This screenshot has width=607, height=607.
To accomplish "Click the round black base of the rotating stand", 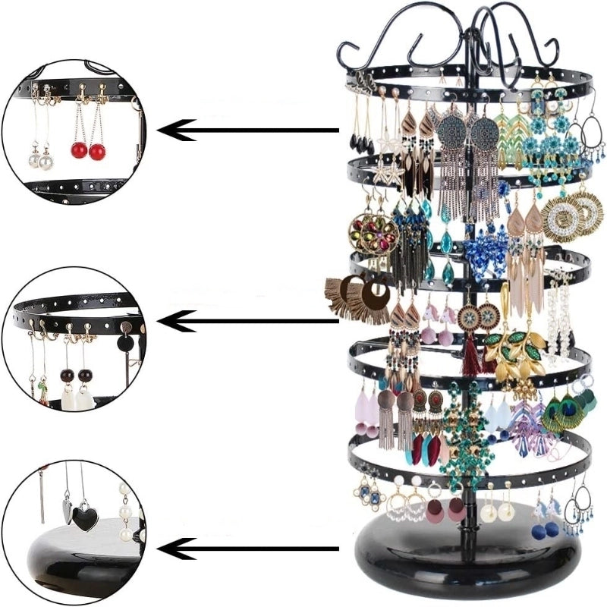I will (463, 550).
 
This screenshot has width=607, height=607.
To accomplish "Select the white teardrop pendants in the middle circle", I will (74, 397).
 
